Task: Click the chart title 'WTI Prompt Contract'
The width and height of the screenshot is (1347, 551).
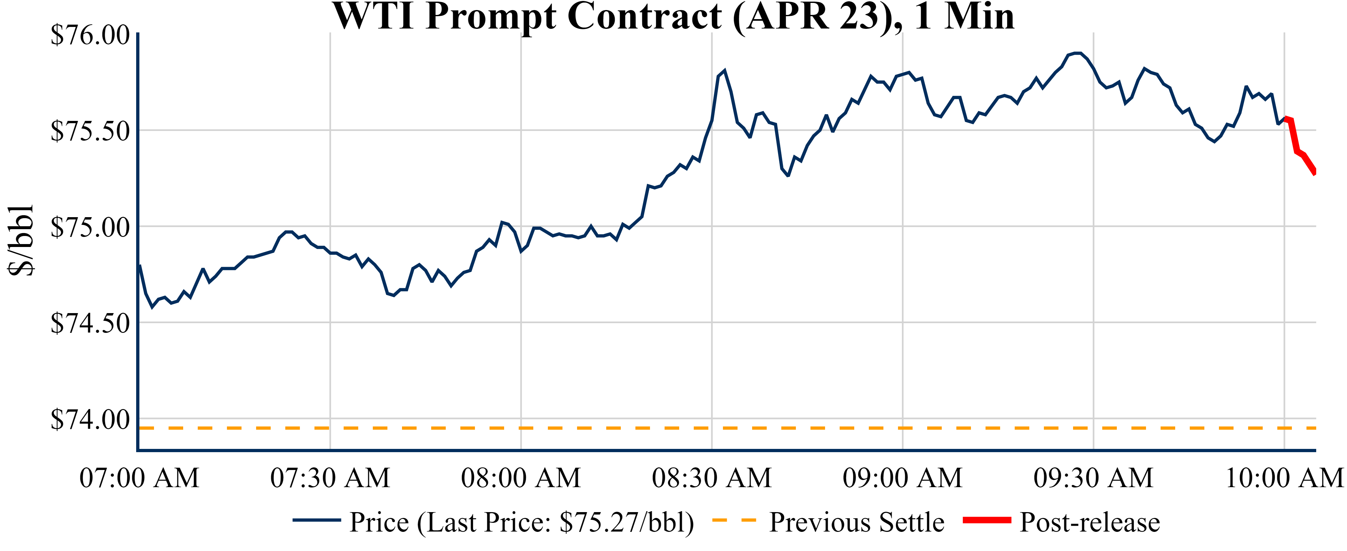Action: [x=674, y=17]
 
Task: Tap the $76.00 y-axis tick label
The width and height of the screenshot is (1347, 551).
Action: [x=90, y=36]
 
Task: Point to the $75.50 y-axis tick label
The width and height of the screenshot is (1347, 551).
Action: [x=90, y=131]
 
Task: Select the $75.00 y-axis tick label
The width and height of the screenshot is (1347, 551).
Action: [x=90, y=228]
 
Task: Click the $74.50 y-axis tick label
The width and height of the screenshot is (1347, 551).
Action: [x=90, y=323]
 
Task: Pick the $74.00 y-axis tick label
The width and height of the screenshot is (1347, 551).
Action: [x=90, y=420]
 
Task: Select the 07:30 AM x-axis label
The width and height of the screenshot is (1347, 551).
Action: [x=330, y=478]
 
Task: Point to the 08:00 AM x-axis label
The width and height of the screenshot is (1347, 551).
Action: [x=521, y=478]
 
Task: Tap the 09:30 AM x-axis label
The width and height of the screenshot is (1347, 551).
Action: [x=1093, y=478]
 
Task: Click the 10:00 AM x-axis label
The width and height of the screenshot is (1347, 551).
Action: [x=1284, y=478]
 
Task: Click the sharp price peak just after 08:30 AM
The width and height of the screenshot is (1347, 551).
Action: [x=724, y=71]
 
